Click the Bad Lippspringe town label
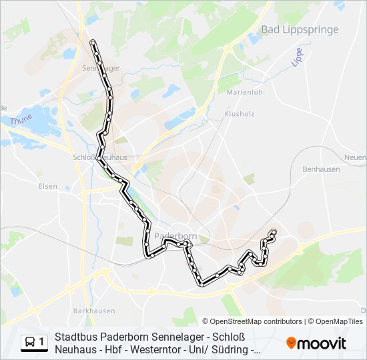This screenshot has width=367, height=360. [x=300, y=29]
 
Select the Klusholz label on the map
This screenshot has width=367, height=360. [x=240, y=114]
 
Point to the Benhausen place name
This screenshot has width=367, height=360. [x=321, y=169]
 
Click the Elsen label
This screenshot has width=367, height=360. [x=47, y=186]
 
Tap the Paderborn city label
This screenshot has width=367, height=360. [x=175, y=236]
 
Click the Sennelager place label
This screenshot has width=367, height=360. [x=100, y=68]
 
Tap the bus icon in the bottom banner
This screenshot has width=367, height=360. [x=31, y=343]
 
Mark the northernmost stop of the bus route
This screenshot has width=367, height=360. [x=93, y=43]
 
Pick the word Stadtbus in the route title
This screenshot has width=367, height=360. [x=75, y=337]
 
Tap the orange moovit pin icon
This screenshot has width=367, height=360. [x=291, y=343]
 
